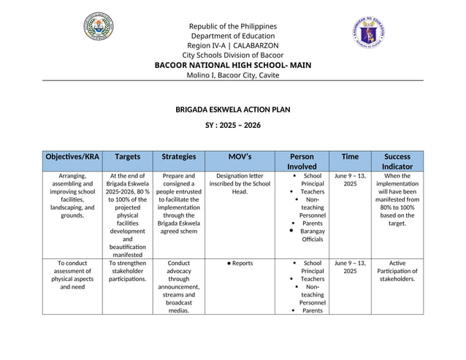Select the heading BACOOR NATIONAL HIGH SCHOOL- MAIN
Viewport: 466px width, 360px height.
click(232, 65)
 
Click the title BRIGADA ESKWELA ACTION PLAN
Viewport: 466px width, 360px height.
click(232, 110)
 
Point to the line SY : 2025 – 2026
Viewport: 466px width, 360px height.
click(232, 126)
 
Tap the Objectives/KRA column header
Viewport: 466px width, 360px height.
click(72, 156)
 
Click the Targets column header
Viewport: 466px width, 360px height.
click(128, 156)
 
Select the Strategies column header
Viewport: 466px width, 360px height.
click(179, 156)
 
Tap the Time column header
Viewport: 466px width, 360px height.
click(350, 156)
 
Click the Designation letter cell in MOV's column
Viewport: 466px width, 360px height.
click(240, 184)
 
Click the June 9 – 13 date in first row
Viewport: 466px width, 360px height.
click(350, 180)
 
